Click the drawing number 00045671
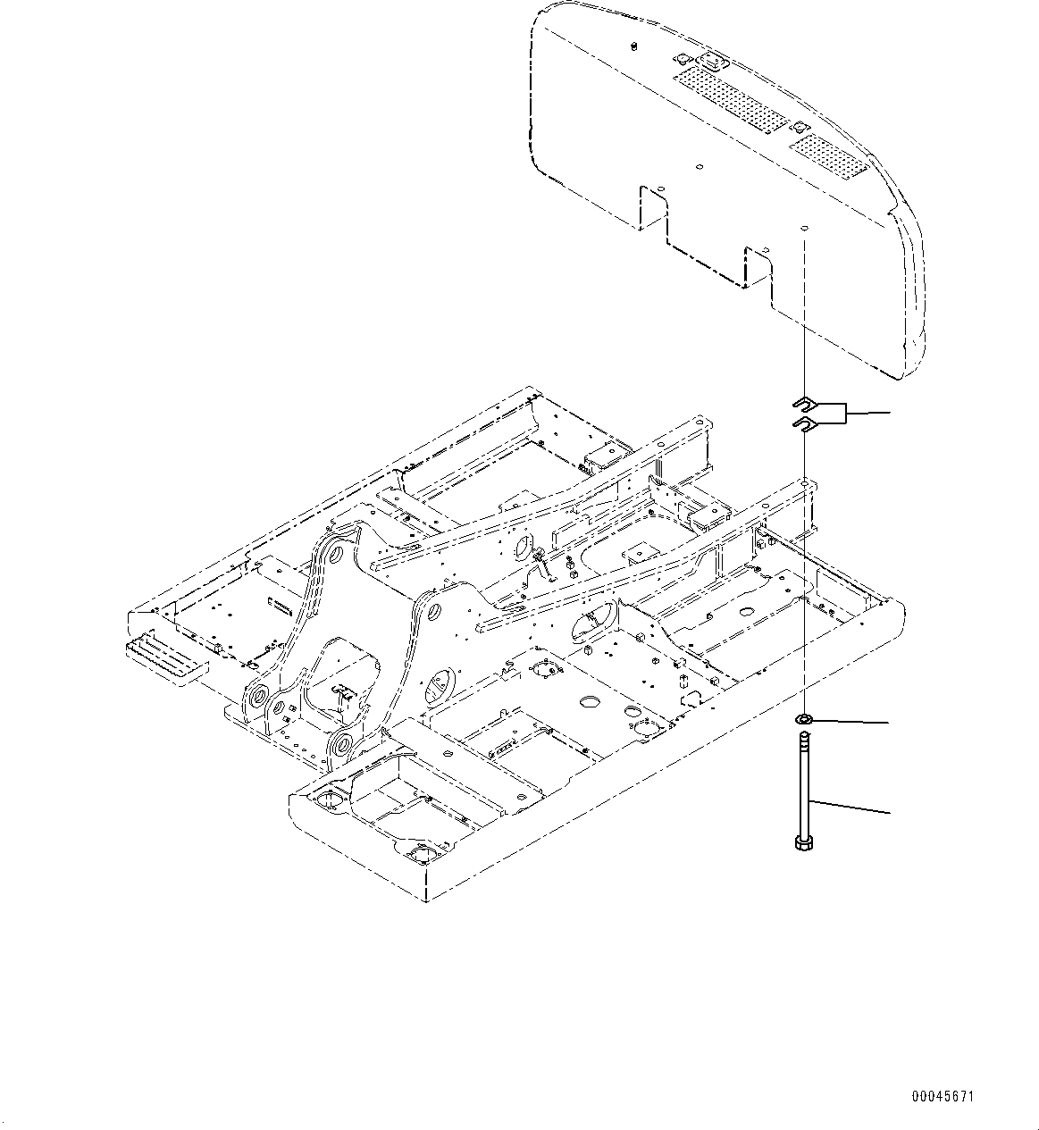tap(943, 1096)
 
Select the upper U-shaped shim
tap(803, 402)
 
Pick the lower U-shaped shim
tap(803, 421)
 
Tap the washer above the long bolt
tap(803, 719)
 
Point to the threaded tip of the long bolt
tap(803, 737)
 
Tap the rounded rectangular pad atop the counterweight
tap(713, 62)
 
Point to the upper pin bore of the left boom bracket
tap(334, 555)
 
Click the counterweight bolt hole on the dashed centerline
tap(803, 229)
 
